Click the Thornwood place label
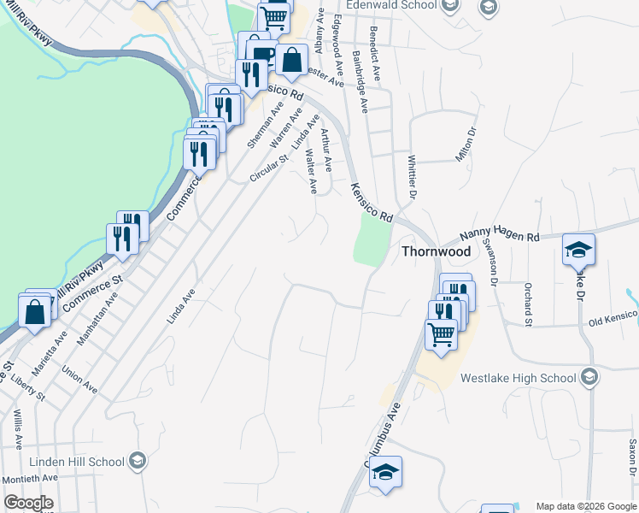pyautogui.click(x=436, y=252)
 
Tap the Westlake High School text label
pyautogui.click(x=518, y=378)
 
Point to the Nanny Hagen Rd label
pyautogui.click(x=500, y=235)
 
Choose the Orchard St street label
pyautogui.click(x=529, y=305)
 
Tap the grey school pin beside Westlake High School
pyautogui.click(x=589, y=377)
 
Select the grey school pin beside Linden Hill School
pyautogui.click(x=137, y=462)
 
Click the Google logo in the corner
pyautogui.click(x=28, y=504)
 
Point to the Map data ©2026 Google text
pyautogui.click(x=585, y=506)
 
